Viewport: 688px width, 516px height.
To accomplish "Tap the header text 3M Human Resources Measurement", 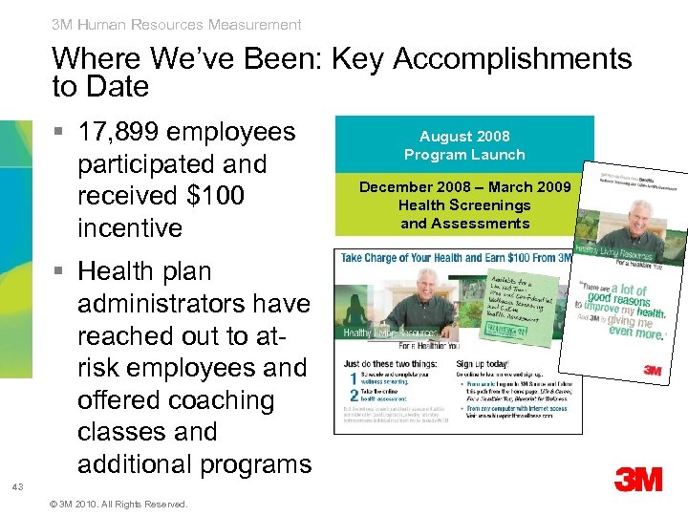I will point(177,25).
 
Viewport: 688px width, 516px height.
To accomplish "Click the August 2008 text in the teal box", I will point(464,137).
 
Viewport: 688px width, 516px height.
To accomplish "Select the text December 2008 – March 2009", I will point(464,186).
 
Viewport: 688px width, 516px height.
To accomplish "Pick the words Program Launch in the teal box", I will point(464,154).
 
